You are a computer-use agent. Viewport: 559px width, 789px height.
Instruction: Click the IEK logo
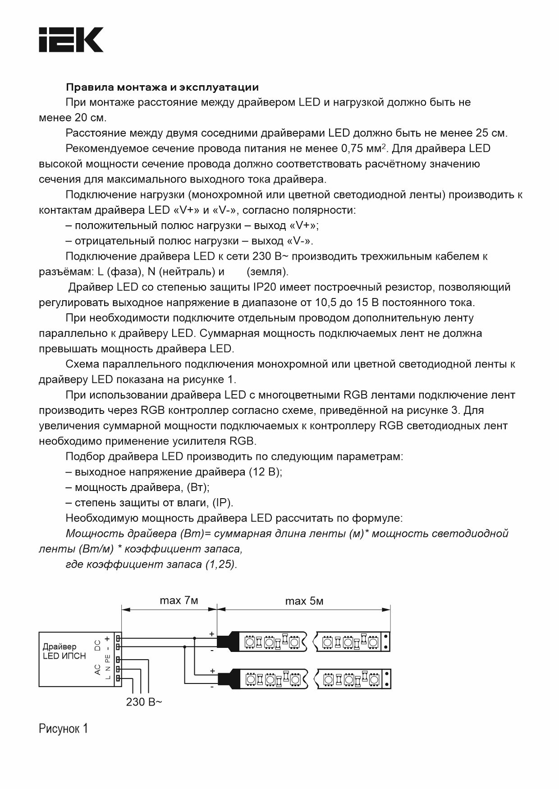pos(71,40)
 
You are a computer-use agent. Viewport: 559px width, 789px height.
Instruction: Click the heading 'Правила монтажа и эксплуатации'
pos(162,87)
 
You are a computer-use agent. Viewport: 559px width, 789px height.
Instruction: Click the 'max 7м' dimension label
pos(179,601)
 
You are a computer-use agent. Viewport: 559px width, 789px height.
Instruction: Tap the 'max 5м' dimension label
pos(304,601)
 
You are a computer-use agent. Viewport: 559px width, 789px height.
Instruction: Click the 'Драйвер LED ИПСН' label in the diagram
pos(64,651)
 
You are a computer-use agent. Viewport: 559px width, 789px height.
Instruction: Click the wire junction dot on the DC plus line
pos(195,638)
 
